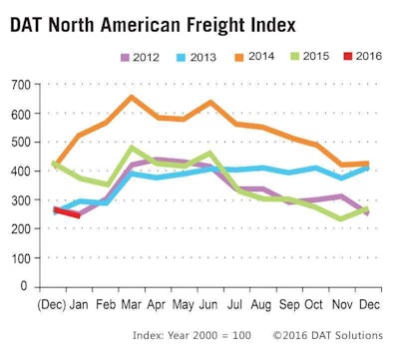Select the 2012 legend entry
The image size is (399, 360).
(x=140, y=61)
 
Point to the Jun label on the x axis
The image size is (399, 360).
(x=208, y=302)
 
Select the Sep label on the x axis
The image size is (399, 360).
(x=288, y=302)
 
